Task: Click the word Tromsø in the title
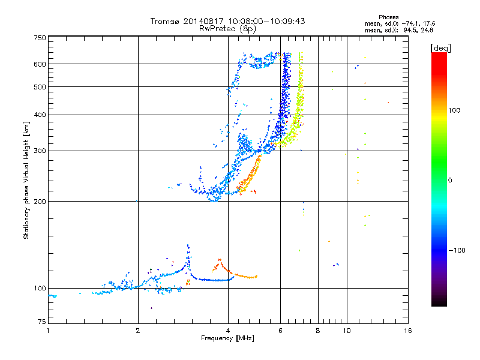coord(164,21)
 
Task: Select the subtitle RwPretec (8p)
coord(228,28)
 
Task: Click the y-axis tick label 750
coord(40,37)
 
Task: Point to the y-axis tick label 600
coord(40,64)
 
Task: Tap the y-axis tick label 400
coord(40,115)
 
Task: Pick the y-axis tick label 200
coord(40,202)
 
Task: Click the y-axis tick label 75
coord(41,323)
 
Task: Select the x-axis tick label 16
coord(407,331)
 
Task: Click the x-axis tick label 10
coord(346,331)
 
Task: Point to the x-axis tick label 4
coord(228,331)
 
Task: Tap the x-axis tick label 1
coord(48,331)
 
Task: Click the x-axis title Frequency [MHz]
coord(227,339)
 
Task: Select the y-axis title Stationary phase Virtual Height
coord(26,180)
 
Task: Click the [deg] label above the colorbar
coord(440,47)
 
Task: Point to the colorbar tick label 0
coord(450,180)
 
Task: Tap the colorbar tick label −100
coord(457,250)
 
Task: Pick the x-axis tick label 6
coord(280,331)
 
